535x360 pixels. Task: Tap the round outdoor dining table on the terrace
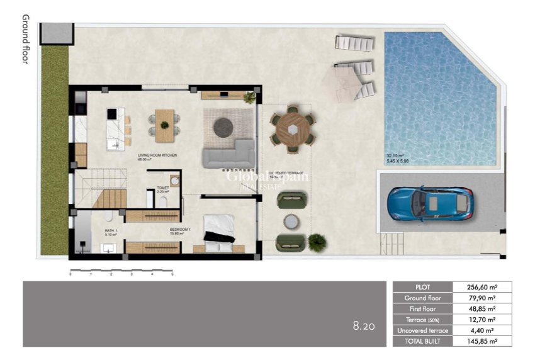(x=293, y=129)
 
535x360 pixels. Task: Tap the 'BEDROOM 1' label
(x=181, y=230)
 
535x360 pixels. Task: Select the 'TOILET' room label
(x=162, y=188)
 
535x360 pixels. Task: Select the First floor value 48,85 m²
(x=483, y=309)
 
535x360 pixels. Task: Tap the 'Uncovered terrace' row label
(x=422, y=330)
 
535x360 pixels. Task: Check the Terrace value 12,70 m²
(x=483, y=320)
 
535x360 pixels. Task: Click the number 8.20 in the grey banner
(x=364, y=326)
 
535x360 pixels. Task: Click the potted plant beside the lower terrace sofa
(x=317, y=240)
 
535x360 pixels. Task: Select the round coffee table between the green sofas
(x=291, y=222)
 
